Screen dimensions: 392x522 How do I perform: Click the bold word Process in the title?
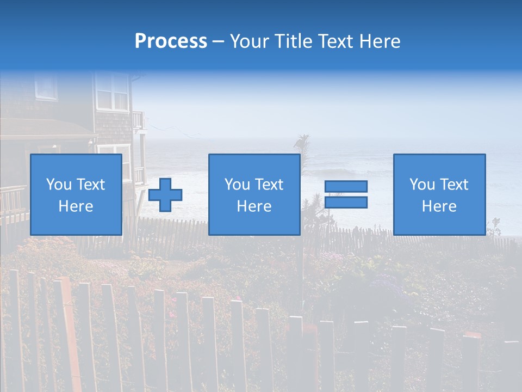point(171,41)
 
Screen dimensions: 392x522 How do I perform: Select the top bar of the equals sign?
point(346,186)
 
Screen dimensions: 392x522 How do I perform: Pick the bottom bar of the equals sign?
point(346,203)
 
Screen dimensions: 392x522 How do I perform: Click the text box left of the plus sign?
point(76,194)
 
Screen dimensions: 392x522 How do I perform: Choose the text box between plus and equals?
point(254,194)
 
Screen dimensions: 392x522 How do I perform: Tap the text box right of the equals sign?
point(439,194)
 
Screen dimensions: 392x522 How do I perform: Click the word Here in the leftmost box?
point(76,206)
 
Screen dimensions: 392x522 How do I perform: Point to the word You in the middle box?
point(237,185)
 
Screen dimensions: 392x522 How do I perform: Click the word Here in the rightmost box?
point(439,206)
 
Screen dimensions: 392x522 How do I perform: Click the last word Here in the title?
point(380,41)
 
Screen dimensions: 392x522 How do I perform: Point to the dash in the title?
point(218,42)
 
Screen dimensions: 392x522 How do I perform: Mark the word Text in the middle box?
point(270,185)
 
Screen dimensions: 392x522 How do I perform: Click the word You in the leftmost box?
point(59,185)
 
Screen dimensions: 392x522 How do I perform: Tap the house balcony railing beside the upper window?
point(138,120)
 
